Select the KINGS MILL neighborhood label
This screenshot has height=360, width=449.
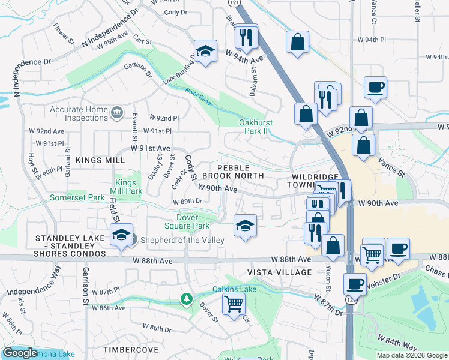pos(100,160)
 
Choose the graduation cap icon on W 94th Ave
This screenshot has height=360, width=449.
pos(205,52)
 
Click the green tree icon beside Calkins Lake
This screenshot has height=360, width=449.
pos(187,298)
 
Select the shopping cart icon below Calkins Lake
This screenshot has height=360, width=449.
pos(233,302)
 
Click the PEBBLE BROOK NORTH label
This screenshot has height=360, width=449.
pos(232,171)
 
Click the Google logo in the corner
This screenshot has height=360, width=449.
pos(20,353)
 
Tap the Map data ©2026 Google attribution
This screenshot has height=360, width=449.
pos(411,355)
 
